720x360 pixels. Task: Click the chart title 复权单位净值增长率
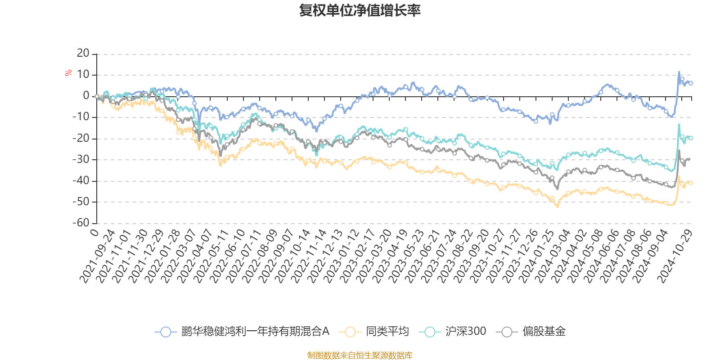click(360, 10)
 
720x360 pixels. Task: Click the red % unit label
click(68, 73)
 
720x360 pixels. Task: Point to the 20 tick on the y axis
click(83, 54)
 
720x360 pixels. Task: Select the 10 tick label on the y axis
click(83, 75)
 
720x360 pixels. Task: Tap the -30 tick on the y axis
click(81, 160)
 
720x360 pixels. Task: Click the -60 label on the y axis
click(81, 223)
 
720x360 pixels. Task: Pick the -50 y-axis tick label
click(81, 202)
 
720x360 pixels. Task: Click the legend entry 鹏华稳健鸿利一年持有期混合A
click(255, 332)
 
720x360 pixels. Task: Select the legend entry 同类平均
click(387, 332)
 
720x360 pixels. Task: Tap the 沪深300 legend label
click(466, 332)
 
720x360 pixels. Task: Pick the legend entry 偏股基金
click(544, 332)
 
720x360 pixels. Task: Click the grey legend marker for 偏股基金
click(507, 332)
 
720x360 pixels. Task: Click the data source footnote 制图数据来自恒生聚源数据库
click(360, 355)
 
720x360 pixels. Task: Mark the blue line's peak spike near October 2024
click(679, 72)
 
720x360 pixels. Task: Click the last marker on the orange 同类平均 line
click(691, 183)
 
